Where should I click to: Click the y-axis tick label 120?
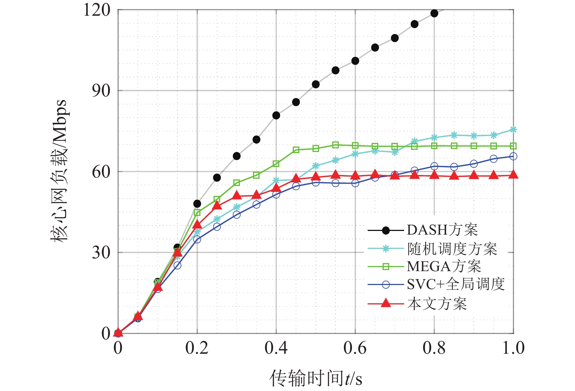[97, 10]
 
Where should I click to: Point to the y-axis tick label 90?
[101, 91]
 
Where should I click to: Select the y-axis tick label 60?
[101, 171]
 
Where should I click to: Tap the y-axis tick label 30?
[101, 252]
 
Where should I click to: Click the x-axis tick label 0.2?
[197, 348]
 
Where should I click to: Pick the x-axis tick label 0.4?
[276, 348]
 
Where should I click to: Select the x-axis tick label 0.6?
[355, 348]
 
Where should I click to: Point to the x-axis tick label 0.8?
[434, 348]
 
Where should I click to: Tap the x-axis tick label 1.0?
[513, 348]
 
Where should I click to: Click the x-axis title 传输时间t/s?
[316, 378]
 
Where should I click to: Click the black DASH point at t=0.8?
[434, 14]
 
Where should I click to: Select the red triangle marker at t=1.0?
[513, 174]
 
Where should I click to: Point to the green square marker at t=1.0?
[513, 146]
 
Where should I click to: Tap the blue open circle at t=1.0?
[513, 156]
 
